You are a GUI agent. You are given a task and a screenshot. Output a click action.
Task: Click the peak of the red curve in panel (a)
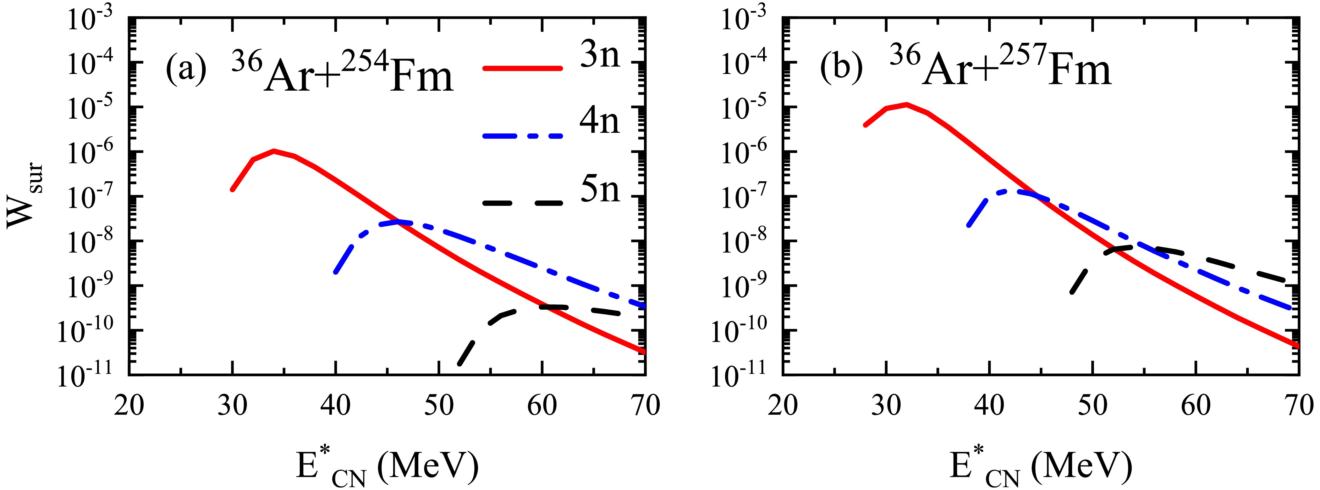[x=274, y=151]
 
